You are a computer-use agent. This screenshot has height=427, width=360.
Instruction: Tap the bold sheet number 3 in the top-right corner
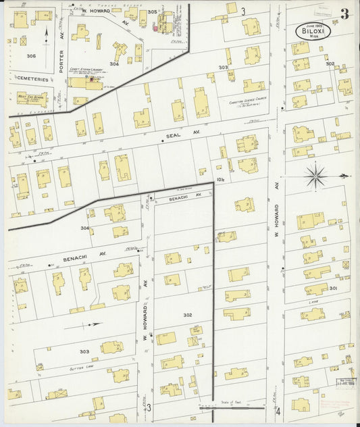(344, 14)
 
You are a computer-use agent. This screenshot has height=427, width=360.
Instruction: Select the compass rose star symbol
(315, 177)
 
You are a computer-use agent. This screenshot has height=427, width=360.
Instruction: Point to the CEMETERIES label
(32, 78)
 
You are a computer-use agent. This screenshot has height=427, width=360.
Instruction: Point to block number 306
(31, 56)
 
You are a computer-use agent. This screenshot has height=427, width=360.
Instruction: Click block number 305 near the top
(152, 12)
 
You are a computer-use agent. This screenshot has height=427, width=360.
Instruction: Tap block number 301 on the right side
(333, 288)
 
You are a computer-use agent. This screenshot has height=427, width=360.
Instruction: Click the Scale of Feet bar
(231, 407)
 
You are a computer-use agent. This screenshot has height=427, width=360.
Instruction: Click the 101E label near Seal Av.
(220, 179)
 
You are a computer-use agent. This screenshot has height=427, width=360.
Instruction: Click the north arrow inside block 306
(47, 32)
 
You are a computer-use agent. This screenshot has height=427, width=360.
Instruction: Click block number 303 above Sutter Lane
(84, 351)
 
